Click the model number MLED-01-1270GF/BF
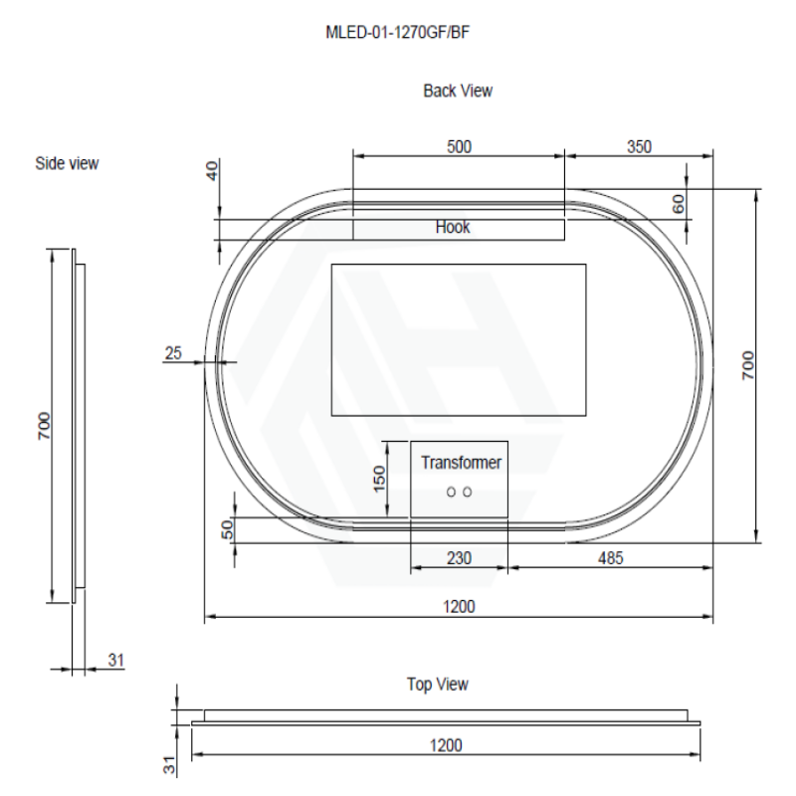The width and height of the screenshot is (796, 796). coord(397,33)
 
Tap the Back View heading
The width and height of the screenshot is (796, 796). coord(458,91)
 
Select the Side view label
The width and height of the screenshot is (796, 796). coord(67,163)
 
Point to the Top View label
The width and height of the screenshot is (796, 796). coord(437,685)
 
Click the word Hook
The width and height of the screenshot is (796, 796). coord(453,227)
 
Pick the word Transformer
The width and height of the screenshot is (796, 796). coord(461,463)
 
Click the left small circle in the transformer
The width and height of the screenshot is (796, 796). coord(451,492)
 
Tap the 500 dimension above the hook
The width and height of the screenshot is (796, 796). coord(459,146)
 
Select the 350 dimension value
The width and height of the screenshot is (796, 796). coord(639,146)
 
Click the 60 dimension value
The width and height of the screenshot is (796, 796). coord(679,204)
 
